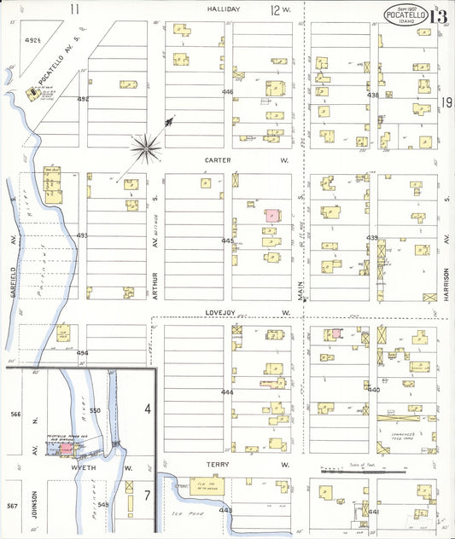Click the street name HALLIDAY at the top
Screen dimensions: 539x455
click(x=223, y=9)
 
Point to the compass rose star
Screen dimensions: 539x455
click(x=149, y=148)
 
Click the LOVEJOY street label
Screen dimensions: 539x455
click(x=218, y=313)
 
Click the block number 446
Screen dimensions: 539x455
click(x=227, y=91)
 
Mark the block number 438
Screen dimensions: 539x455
click(x=372, y=95)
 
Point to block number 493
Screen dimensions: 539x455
click(x=82, y=235)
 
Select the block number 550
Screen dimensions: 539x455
click(x=95, y=410)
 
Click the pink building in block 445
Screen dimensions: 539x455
click(x=271, y=216)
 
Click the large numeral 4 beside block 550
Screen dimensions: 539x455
click(x=147, y=410)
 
